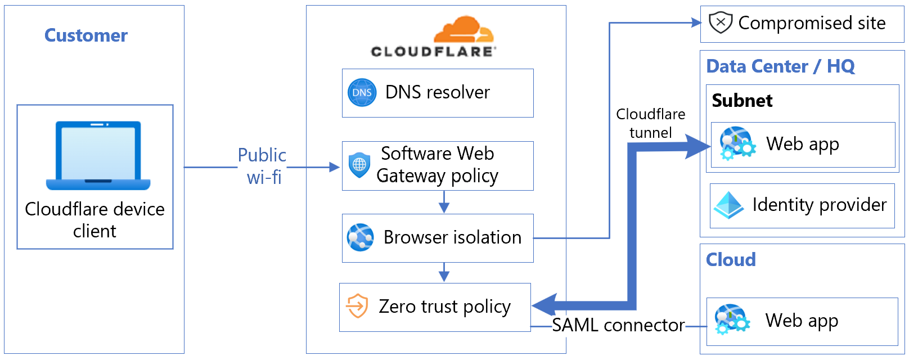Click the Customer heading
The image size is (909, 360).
tap(86, 35)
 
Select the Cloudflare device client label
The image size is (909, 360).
tap(94, 220)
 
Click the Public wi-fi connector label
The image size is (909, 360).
tap(262, 166)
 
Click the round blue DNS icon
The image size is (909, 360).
tap(362, 93)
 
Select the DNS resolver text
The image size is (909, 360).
tap(437, 92)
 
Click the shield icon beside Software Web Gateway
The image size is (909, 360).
tap(359, 165)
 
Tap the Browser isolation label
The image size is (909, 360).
tap(452, 237)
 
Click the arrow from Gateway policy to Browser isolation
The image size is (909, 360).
tap(444, 202)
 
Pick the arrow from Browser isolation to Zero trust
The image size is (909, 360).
tap(444, 272)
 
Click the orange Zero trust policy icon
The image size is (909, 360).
tap(357, 306)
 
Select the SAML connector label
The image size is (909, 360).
tap(618, 325)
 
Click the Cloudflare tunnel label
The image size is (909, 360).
tap(650, 123)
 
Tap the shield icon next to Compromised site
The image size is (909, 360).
tap(720, 23)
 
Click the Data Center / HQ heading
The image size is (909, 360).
tap(780, 66)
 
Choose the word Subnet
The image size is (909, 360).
tap(742, 101)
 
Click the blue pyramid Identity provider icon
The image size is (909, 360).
tap(728, 205)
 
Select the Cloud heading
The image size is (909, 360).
tap(731, 260)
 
